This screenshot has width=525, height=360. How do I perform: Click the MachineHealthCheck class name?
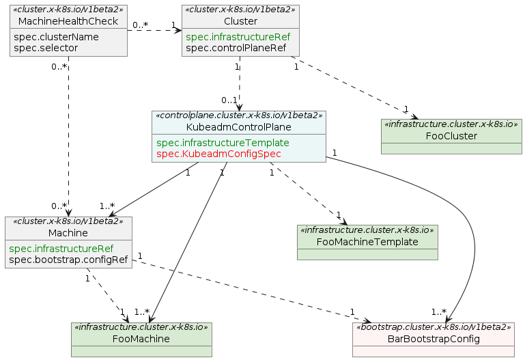click(68, 23)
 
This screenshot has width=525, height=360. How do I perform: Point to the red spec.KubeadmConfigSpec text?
click(218, 154)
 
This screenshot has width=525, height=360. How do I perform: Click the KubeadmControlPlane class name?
click(239, 128)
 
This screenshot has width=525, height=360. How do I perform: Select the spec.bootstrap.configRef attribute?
click(68, 260)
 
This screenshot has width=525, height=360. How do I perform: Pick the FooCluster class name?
click(451, 136)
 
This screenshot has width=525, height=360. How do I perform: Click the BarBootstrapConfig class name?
click(433, 339)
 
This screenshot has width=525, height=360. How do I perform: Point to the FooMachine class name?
click(141, 339)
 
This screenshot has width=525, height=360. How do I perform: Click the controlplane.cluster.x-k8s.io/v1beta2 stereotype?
click(239, 116)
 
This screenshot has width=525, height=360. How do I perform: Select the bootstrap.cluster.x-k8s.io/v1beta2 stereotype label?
click(433, 327)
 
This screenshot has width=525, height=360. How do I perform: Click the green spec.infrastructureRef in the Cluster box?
click(238, 37)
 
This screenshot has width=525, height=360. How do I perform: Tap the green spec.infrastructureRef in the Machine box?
click(61, 249)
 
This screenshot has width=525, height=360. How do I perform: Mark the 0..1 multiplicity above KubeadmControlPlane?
click(228, 100)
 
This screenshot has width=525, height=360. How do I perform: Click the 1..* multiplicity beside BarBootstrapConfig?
click(439, 312)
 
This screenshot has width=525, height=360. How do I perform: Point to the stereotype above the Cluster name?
click(241, 10)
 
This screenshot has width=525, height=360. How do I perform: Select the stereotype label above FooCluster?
click(451, 124)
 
